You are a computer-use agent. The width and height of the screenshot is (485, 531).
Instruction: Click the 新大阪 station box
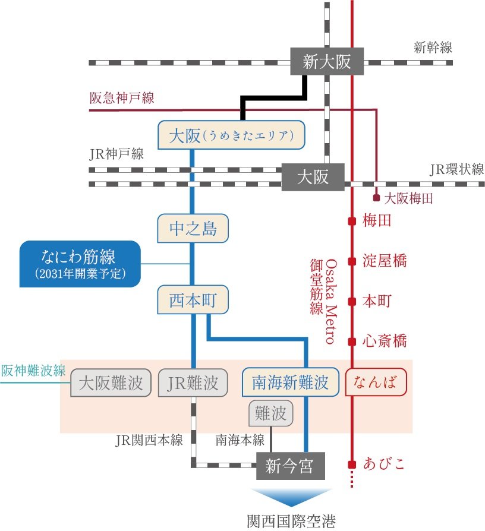(326, 61)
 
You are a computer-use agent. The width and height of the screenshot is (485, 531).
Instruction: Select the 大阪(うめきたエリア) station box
(231, 135)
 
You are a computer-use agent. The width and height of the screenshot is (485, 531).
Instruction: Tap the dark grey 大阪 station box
(313, 177)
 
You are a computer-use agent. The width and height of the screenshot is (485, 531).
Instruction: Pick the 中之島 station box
(193, 229)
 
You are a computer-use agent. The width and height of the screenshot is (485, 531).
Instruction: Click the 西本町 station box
(193, 300)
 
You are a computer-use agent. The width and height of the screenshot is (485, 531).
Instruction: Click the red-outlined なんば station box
(376, 381)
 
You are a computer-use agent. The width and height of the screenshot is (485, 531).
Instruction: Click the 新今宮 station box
(290, 466)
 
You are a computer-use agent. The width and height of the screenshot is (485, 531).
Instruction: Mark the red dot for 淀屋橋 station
(352, 261)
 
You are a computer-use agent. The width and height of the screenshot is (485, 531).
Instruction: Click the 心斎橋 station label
(385, 341)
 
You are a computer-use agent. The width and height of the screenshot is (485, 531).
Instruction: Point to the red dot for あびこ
(352, 464)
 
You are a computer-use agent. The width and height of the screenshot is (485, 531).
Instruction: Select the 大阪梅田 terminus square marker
(376, 198)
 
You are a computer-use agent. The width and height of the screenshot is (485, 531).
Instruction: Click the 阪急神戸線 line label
(121, 98)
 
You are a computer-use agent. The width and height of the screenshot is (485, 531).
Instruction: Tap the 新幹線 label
(433, 48)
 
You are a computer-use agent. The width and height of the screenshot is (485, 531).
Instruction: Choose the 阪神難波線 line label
(33, 371)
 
